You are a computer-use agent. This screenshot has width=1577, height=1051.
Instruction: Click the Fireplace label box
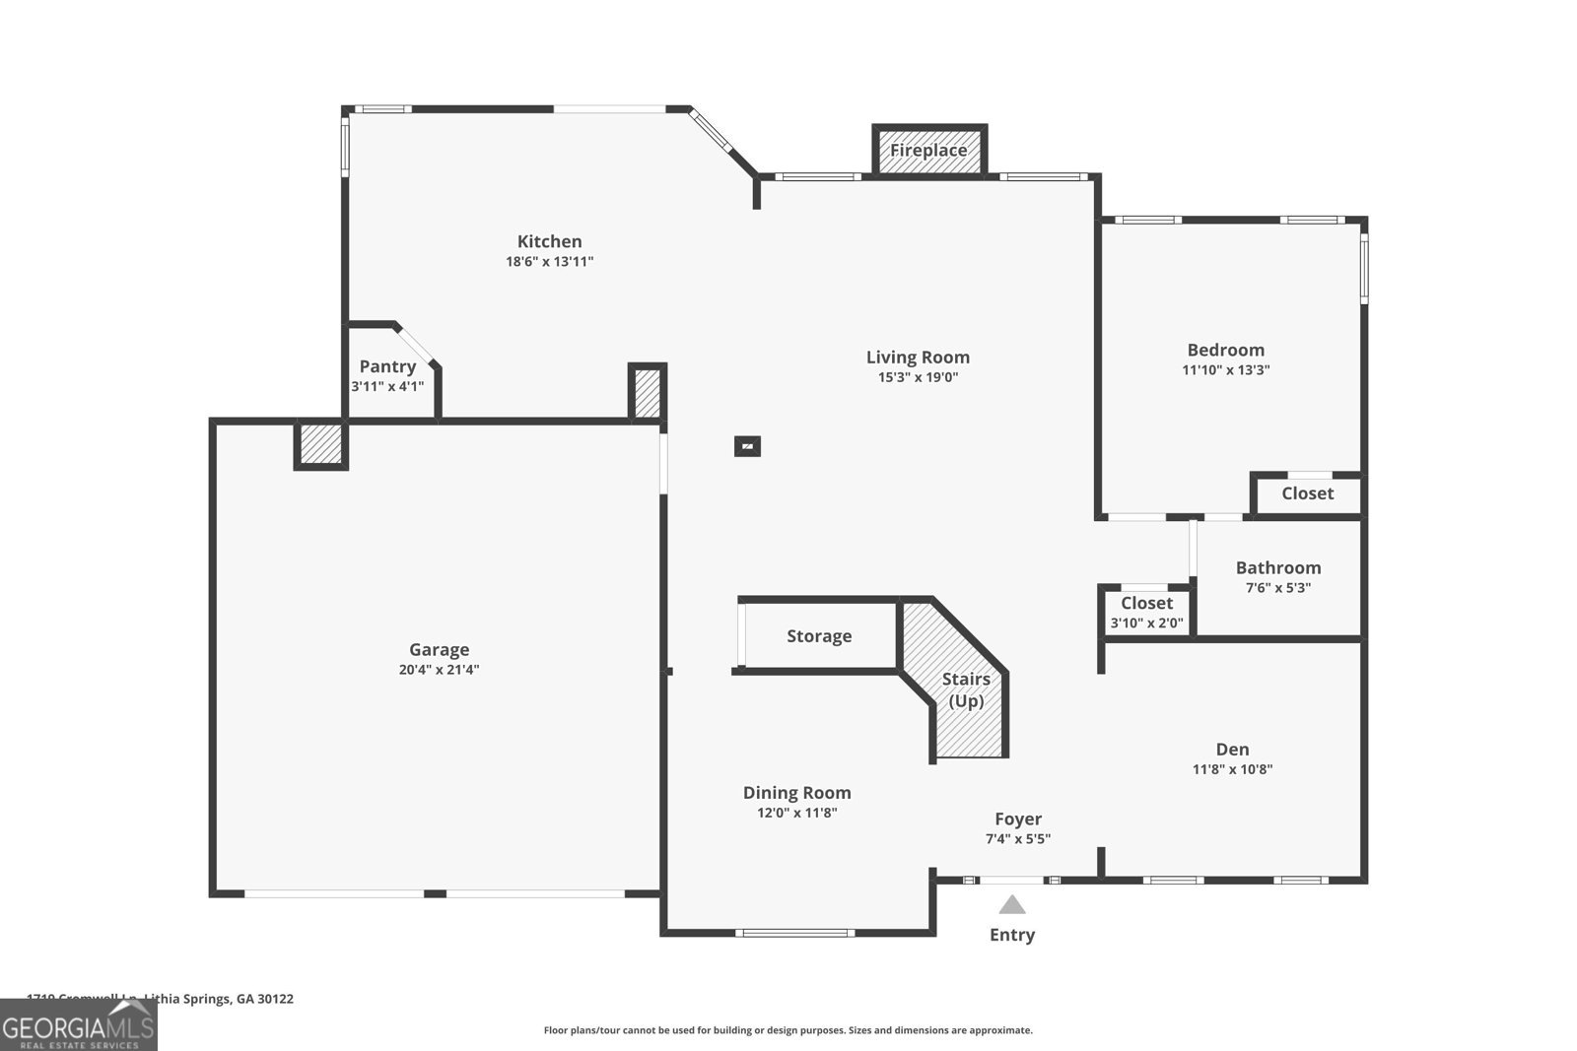pyautogui.click(x=928, y=151)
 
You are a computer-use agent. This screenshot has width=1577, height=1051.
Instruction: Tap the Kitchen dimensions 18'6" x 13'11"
pyautogui.click(x=549, y=262)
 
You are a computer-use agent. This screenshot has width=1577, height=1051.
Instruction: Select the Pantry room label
pyautogui.click(x=387, y=366)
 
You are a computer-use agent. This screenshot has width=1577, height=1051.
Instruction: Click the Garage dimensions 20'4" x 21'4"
pyautogui.click(x=439, y=670)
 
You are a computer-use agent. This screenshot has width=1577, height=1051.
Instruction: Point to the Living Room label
pyautogui.click(x=918, y=358)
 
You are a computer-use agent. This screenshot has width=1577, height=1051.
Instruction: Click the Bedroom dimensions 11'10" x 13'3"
pyautogui.click(x=1225, y=370)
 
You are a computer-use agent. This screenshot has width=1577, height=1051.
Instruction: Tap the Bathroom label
pyautogui.click(x=1277, y=567)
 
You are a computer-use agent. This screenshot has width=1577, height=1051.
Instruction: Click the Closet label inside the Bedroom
pyautogui.click(x=1307, y=493)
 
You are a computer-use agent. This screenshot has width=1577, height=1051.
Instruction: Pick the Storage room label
pyautogui.click(x=818, y=636)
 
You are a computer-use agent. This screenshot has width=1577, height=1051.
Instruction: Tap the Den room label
pyautogui.click(x=1232, y=750)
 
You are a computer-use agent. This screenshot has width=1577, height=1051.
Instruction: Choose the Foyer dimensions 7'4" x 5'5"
pyautogui.click(x=1017, y=839)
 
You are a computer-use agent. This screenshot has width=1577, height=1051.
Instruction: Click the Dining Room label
pyautogui.click(x=796, y=793)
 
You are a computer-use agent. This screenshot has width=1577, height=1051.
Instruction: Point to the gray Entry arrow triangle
pyautogui.click(x=1012, y=905)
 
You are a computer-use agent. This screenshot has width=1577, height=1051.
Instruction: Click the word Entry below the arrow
pyautogui.click(x=1012, y=935)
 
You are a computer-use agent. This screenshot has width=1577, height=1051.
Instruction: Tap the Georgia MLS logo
pyautogui.click(x=79, y=1024)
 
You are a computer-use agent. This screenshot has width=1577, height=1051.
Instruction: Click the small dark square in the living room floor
pyautogui.click(x=747, y=446)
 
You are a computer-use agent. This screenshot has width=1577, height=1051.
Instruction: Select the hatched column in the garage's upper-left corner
pyautogui.click(x=321, y=444)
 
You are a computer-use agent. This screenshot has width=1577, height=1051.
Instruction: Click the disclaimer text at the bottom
pyautogui.click(x=788, y=1030)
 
